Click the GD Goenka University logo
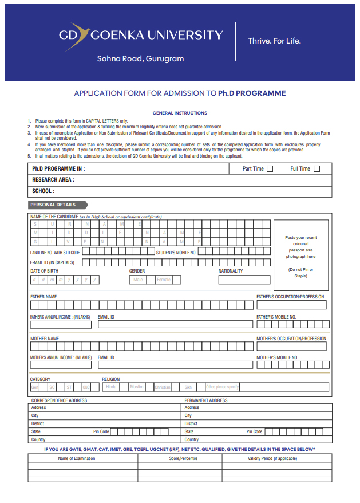(140, 35)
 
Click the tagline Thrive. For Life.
(274, 41)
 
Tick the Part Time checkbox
(270, 168)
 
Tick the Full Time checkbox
(317, 168)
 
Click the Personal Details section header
(57, 205)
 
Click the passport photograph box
(301, 256)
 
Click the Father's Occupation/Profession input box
(291, 305)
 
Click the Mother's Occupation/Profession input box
(291, 347)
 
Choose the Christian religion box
(163, 387)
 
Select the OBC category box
(86, 387)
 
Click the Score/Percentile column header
(183, 458)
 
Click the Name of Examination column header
(77, 458)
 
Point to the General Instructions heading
(180, 113)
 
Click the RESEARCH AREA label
(53, 180)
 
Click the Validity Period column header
(272, 458)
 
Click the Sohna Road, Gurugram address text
(140, 58)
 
